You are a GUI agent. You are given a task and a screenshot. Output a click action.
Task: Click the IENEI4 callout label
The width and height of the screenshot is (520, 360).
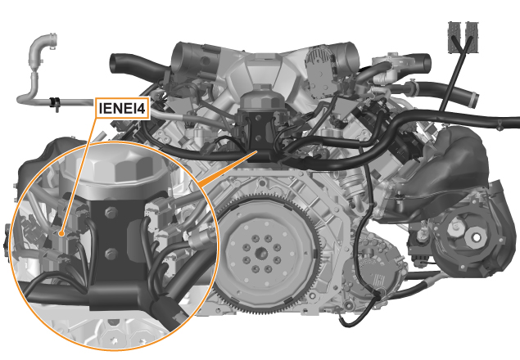[123, 108]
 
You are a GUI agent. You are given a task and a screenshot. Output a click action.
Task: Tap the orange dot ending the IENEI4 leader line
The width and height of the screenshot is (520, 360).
[61, 234]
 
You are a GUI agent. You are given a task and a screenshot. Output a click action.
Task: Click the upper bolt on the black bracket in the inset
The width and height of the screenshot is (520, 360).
[111, 212]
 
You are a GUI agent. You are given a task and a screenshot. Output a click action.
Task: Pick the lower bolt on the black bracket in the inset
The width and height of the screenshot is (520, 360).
[111, 254]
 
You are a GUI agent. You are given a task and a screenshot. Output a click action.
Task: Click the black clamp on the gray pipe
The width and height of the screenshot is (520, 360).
[54, 103]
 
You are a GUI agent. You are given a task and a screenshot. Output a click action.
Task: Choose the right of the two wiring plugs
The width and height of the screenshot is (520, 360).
[471, 37]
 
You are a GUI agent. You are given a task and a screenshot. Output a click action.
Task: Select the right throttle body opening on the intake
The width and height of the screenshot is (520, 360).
[352, 55]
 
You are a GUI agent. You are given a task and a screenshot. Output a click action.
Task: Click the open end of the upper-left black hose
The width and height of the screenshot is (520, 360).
[112, 62]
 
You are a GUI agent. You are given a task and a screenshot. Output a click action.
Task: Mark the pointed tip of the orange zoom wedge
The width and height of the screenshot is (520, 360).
[256, 151]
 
